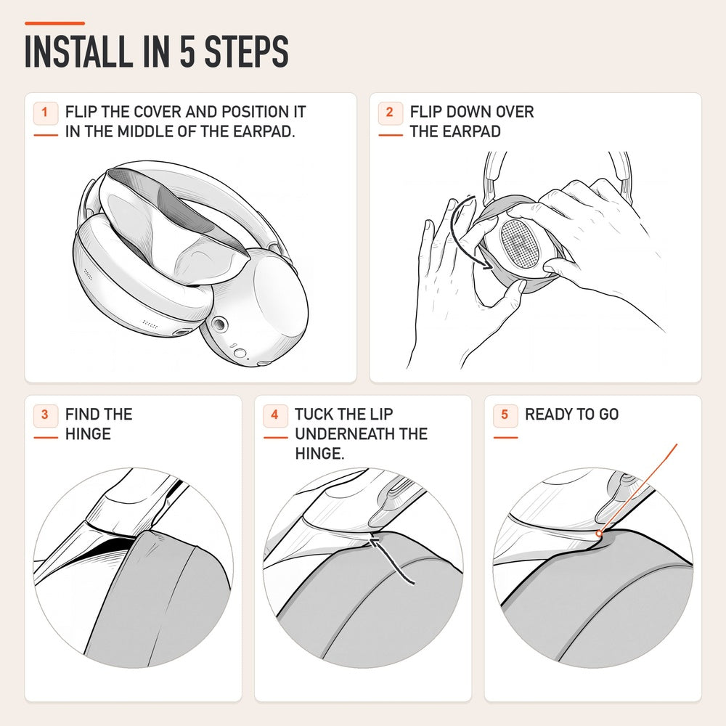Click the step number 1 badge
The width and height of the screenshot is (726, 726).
point(45,113)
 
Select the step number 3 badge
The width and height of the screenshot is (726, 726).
point(45,415)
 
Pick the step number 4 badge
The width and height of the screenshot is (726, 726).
point(275,415)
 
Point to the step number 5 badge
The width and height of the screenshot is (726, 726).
point(505,415)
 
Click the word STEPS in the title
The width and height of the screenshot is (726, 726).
point(246,51)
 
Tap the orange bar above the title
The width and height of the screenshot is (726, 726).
point(54,23)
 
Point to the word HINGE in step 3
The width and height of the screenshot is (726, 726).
point(88,434)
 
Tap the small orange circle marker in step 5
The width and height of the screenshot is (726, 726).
point(599,534)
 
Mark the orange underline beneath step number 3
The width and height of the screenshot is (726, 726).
point(45,438)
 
